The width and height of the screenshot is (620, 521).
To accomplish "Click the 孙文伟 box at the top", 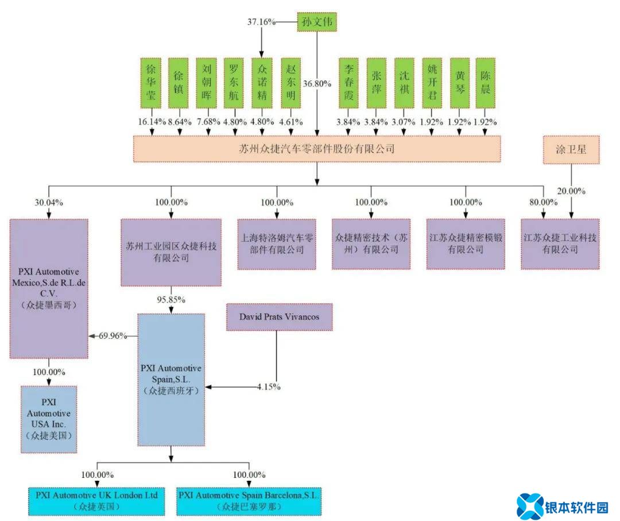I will [317, 22].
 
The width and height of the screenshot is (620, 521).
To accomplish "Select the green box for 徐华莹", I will [152, 83].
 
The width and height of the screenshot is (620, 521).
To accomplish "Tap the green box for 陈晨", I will [486, 83].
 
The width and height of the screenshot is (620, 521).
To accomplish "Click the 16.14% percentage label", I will [152, 122].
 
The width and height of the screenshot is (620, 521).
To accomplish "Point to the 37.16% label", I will [261, 22].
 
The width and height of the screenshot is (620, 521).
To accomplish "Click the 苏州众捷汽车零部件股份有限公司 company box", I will [317, 149].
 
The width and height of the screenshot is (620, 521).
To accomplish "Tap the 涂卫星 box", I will [571, 150].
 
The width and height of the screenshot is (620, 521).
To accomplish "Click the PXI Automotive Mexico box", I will [49, 287].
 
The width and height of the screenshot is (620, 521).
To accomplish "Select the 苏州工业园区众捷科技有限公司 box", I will [171, 252].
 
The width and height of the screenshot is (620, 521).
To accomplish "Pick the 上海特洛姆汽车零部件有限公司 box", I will [277, 244].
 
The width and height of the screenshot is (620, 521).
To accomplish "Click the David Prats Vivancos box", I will [279, 317].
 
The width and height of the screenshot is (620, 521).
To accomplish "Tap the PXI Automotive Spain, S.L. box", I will [171, 379].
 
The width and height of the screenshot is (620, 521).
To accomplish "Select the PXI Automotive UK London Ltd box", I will [96, 500].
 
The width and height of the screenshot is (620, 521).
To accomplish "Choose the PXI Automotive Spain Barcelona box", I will [249, 500].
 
